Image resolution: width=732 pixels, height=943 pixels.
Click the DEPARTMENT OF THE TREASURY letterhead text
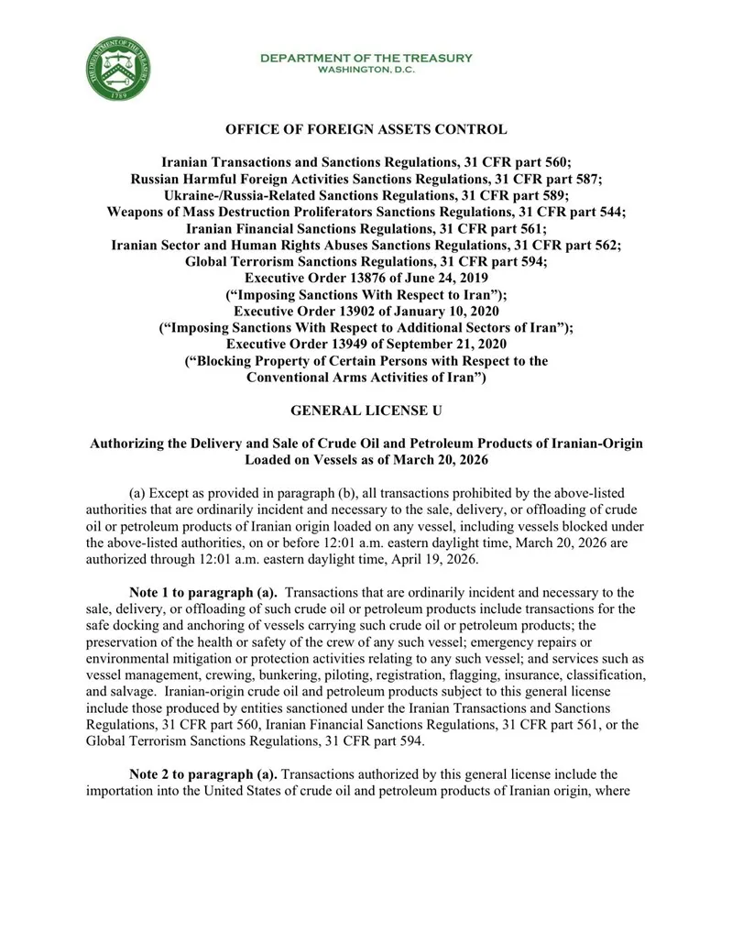tap(366, 58)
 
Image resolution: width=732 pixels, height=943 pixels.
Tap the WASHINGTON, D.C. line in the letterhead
tap(366, 70)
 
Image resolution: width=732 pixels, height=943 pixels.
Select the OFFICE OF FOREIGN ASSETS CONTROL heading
tap(366, 130)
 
